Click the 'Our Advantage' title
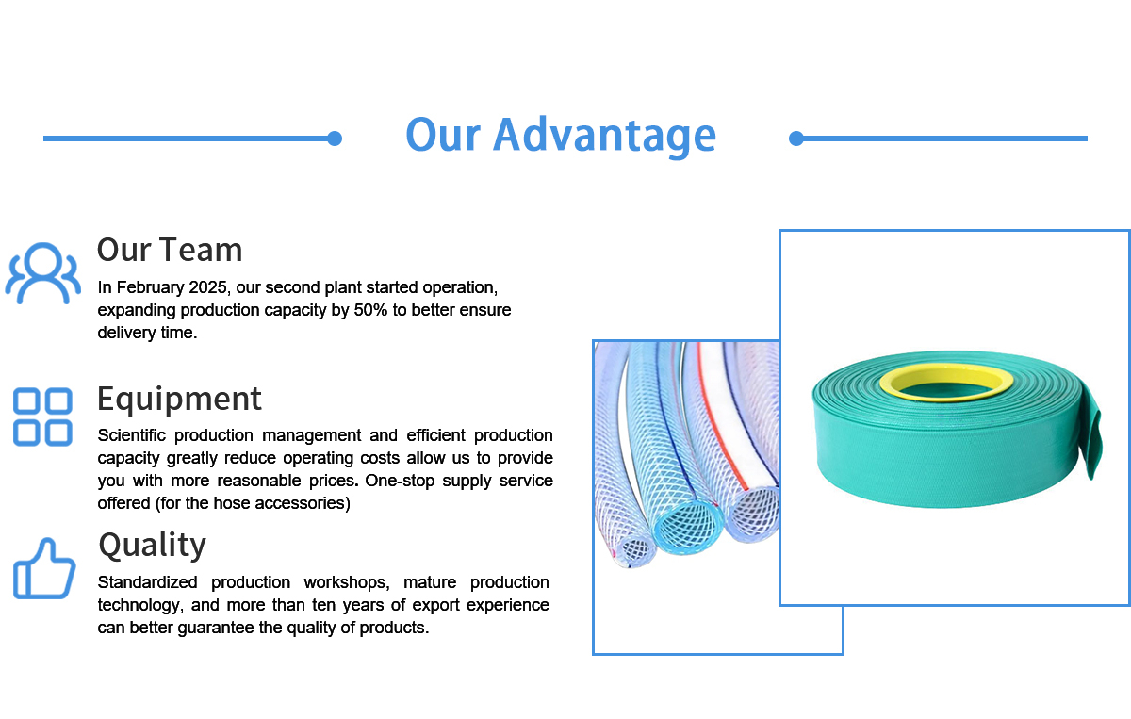(561, 135)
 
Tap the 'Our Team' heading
(170, 250)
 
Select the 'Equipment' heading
(179, 399)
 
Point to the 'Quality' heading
(152, 545)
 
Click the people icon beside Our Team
(41, 273)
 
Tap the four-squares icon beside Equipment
(42, 417)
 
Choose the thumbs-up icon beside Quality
(43, 568)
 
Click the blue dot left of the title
(334, 139)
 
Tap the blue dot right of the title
(796, 139)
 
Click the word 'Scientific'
(132, 435)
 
